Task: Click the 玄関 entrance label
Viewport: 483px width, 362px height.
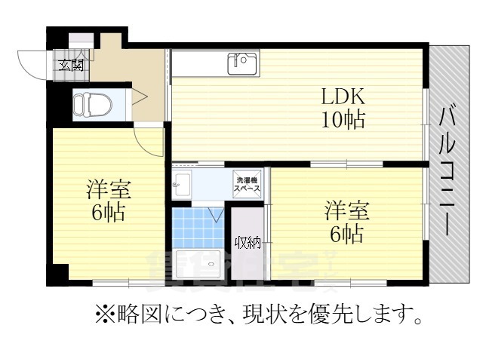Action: coord(72,65)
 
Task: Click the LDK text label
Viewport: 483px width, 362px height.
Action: coord(343,97)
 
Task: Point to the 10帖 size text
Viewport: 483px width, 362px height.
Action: coord(344,119)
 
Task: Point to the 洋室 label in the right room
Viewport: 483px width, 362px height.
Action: coord(345,209)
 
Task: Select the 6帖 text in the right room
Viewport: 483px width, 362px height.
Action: coord(346,233)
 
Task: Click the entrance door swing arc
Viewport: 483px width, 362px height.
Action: coord(32,63)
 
